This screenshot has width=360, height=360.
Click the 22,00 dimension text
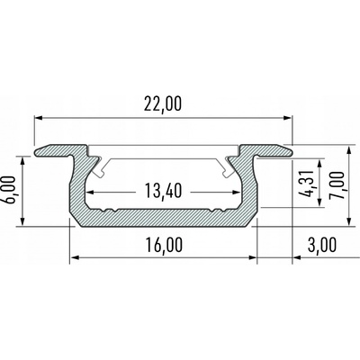162,104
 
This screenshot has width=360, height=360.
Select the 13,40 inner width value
162,191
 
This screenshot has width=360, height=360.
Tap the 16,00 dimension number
162,244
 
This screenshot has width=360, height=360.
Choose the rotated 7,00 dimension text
336,182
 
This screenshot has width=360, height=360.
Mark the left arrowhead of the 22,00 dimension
40,118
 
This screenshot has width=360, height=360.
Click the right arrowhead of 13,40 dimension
236,192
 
